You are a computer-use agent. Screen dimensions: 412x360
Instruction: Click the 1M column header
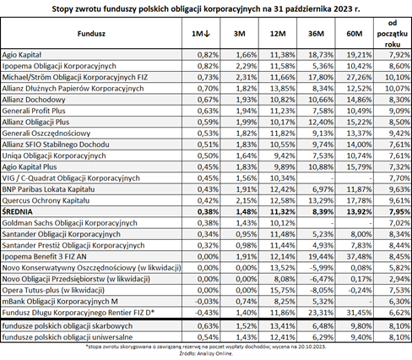201,34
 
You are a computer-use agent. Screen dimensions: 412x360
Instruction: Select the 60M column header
355,34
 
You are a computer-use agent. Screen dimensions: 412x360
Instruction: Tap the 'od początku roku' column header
393,34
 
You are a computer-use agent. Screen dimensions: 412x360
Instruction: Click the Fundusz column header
91,34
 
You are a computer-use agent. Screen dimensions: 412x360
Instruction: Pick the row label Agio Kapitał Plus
30,167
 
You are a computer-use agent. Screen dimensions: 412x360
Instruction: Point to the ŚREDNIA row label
17,211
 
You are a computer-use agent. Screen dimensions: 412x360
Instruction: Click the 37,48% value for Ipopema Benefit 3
359,257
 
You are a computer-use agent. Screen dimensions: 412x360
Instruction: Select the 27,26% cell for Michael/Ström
359,77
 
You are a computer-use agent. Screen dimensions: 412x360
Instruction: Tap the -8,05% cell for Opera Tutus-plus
322,290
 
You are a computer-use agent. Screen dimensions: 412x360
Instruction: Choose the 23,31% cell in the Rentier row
321,313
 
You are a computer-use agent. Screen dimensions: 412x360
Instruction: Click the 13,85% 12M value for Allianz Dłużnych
283,89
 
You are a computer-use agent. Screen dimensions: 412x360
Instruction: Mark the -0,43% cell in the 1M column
207,313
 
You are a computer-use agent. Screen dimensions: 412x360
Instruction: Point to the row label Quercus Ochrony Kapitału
46,200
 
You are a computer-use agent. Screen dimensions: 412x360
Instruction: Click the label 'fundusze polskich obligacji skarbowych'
68,326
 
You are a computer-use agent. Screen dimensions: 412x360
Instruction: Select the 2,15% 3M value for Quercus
247,200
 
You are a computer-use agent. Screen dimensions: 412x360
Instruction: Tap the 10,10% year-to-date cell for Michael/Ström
398,77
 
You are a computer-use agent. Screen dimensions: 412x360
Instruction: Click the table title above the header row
206,9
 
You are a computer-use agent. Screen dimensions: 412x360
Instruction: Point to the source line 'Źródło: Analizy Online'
206,353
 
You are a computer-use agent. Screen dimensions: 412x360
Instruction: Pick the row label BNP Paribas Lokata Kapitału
48,189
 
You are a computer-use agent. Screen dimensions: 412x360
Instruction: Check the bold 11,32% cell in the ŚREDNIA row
283,211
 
